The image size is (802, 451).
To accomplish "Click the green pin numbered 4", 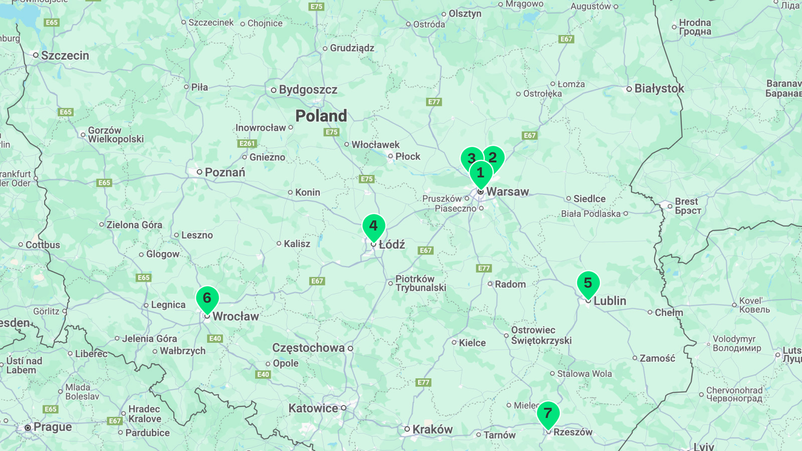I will pos(373,227).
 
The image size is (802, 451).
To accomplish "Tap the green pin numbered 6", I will pos(207,299).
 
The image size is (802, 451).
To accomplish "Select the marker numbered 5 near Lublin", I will pos(588,284).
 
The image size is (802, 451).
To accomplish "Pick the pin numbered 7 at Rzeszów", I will pos(548,414).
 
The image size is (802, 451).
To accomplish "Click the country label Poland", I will pos(321,116).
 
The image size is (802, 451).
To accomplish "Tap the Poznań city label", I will pos(225,172).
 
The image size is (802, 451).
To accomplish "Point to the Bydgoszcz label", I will pos(308,90).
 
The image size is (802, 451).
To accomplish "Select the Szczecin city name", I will pos(65,56).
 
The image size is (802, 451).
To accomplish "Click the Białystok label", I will pos(659,89).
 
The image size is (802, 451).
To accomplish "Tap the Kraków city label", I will pos(432,429).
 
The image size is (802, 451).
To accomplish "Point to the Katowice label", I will pos(313,408).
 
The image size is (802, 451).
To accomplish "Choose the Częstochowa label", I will pos(308,348).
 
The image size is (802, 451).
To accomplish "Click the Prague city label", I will pos(52,427).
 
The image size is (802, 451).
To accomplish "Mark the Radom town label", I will pos(510,284).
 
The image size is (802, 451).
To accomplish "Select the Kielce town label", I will pos(472,343).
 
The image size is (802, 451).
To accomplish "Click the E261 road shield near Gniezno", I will pos(247,143).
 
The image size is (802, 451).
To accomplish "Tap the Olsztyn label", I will pos(465,14).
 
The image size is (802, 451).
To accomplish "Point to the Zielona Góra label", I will pos(134,225).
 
